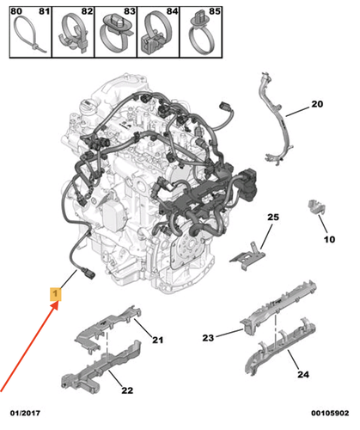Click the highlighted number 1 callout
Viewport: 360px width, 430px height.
56,294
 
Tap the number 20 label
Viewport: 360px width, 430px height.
317,104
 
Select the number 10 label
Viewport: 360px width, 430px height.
329,239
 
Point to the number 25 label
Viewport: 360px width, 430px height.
273,217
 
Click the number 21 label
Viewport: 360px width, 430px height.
157,340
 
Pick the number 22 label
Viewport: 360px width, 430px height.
127,390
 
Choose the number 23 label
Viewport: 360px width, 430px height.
208,338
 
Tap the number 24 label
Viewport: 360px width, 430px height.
303,374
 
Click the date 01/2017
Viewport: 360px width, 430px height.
25,413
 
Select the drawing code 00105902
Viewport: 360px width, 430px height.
330,413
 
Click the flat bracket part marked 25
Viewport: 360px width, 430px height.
248,256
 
